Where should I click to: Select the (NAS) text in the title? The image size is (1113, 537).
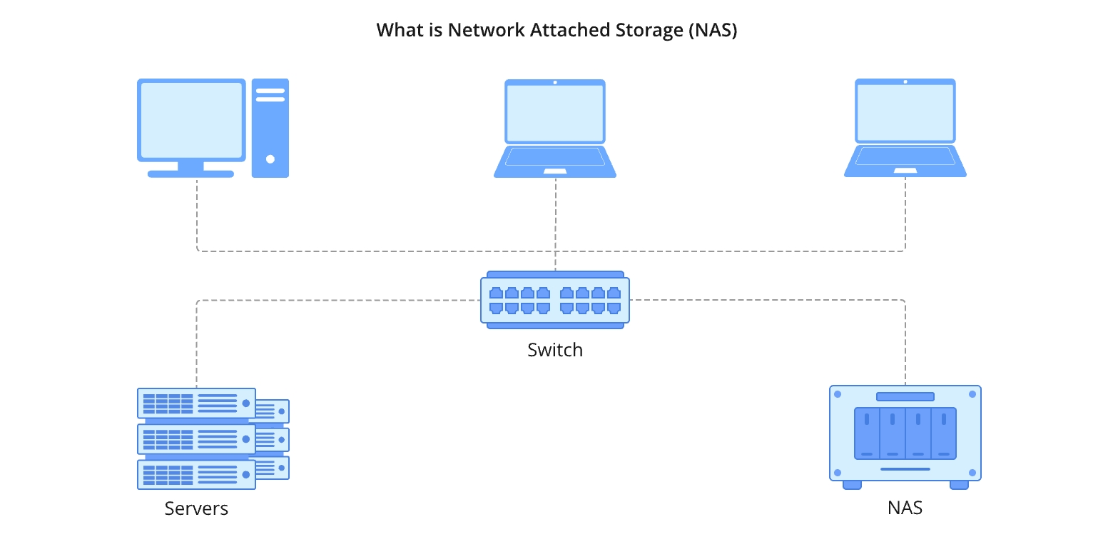pos(713,31)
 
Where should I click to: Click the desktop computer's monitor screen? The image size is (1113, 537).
pos(191,120)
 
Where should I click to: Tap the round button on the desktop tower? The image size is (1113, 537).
pos(270,159)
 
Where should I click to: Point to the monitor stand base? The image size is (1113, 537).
pos(190,174)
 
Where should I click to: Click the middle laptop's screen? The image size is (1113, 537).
pos(555,112)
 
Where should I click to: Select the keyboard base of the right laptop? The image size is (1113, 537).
pos(905,161)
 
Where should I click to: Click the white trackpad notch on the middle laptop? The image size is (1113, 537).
pos(555,171)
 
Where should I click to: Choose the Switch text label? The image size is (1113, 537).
pos(555,350)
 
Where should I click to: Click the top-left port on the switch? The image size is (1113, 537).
pos(496,293)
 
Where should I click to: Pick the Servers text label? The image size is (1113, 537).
pos(196,508)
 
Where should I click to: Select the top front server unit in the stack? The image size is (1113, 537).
pos(196,403)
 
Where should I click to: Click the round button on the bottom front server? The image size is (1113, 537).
pos(246,474)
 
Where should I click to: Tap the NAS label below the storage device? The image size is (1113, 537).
pos(905,508)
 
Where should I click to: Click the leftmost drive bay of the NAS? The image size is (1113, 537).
pos(867,433)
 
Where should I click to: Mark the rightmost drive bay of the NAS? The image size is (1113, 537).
pos(943,433)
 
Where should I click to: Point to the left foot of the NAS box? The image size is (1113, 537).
pos(852,485)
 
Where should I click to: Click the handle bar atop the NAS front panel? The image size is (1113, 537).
pos(905,396)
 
